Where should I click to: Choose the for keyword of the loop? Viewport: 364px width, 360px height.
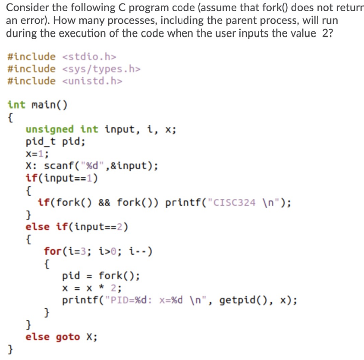pyautogui.click(x=53, y=251)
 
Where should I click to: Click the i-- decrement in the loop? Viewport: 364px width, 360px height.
pyautogui.click(x=138, y=251)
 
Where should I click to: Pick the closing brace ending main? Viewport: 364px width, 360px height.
pyautogui.click(x=10, y=349)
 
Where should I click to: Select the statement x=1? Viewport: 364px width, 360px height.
pyautogui.click(x=37, y=153)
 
